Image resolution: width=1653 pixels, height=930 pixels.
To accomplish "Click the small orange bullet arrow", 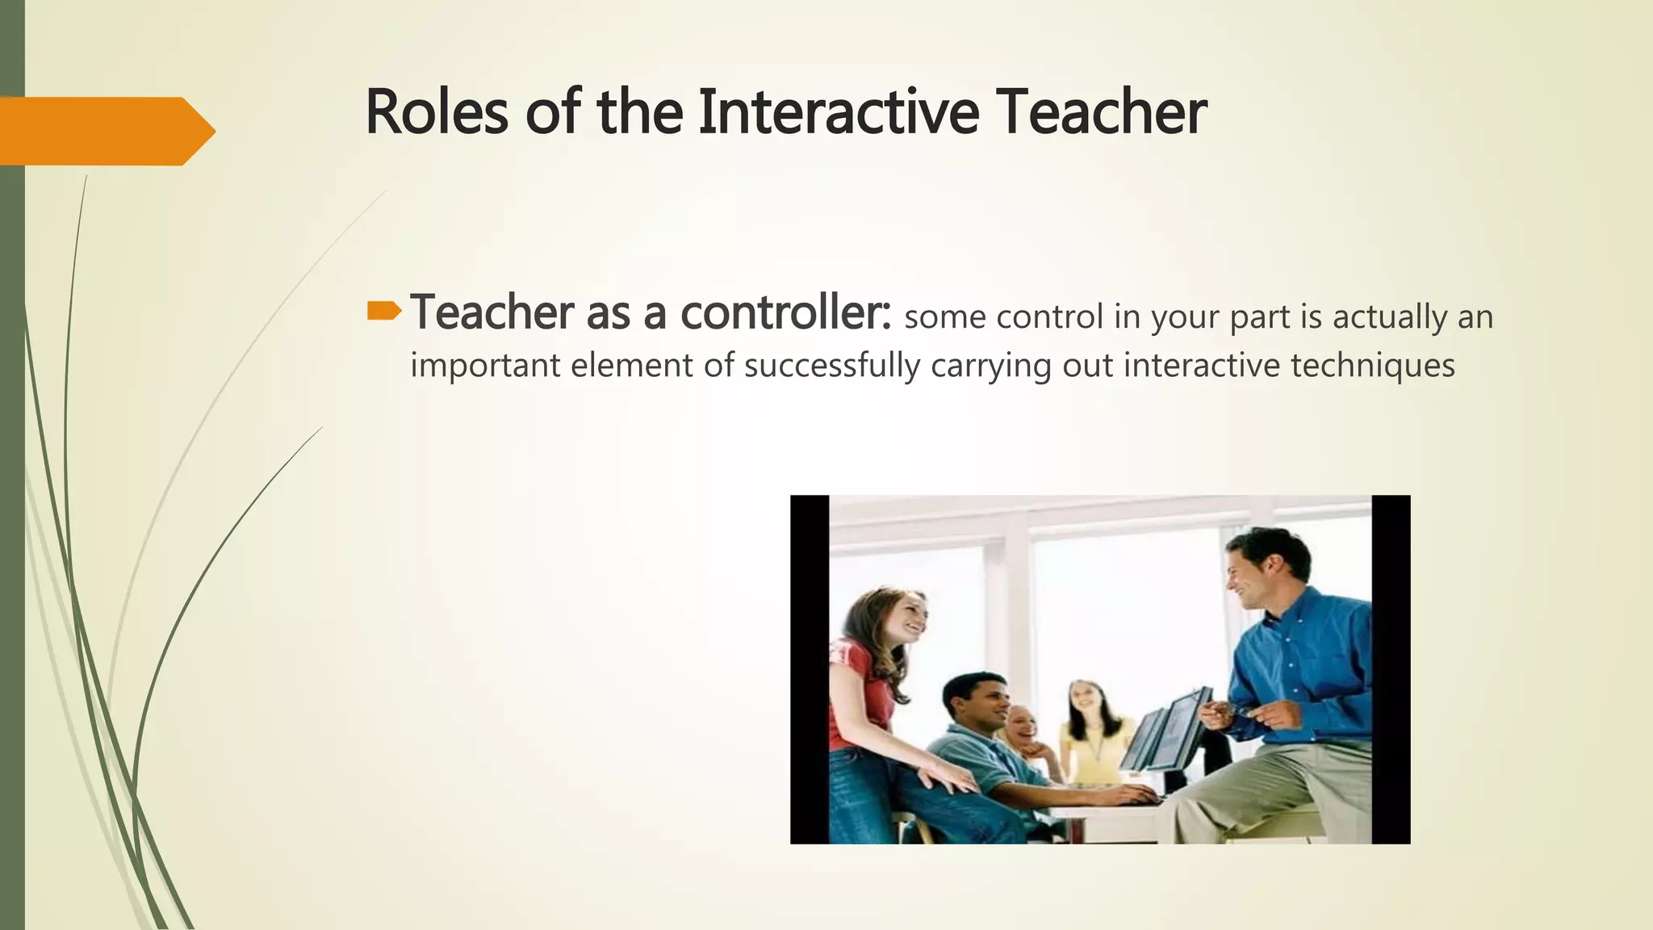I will pyautogui.click(x=383, y=311).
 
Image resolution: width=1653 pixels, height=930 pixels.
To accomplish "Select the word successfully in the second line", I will pyautogui.click(x=831, y=366).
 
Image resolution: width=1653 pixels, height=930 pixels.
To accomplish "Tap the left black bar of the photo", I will pyautogui.click(x=809, y=669).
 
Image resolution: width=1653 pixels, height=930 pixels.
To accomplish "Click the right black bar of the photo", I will pyautogui.click(x=1391, y=669).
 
